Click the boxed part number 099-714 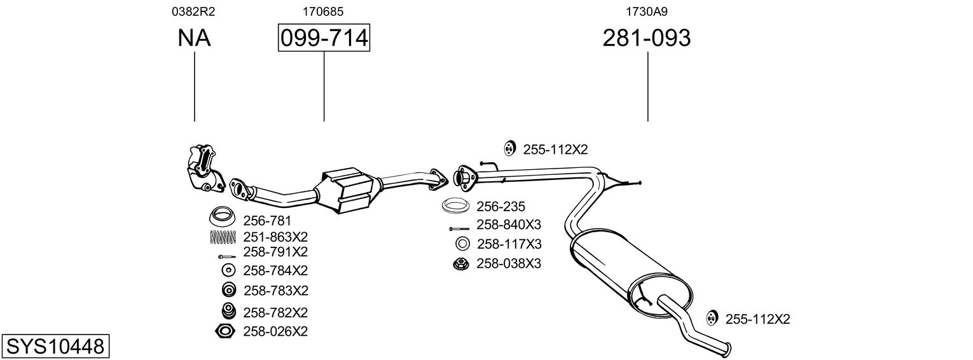coord(324,38)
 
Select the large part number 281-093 coord(646,38)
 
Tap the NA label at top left coord(194,38)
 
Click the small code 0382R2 coord(194,11)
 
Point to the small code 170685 coord(324,11)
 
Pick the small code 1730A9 coord(647,11)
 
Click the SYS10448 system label coord(55,347)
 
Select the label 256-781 coord(267,221)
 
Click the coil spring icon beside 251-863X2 coord(223,237)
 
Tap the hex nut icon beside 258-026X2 coord(226,331)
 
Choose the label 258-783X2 coord(275,291)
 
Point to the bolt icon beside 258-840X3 coord(459,228)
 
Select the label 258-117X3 coord(509,244)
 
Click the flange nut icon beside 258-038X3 coord(460,263)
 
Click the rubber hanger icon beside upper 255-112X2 coord(509,149)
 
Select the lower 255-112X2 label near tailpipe coord(757,319)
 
